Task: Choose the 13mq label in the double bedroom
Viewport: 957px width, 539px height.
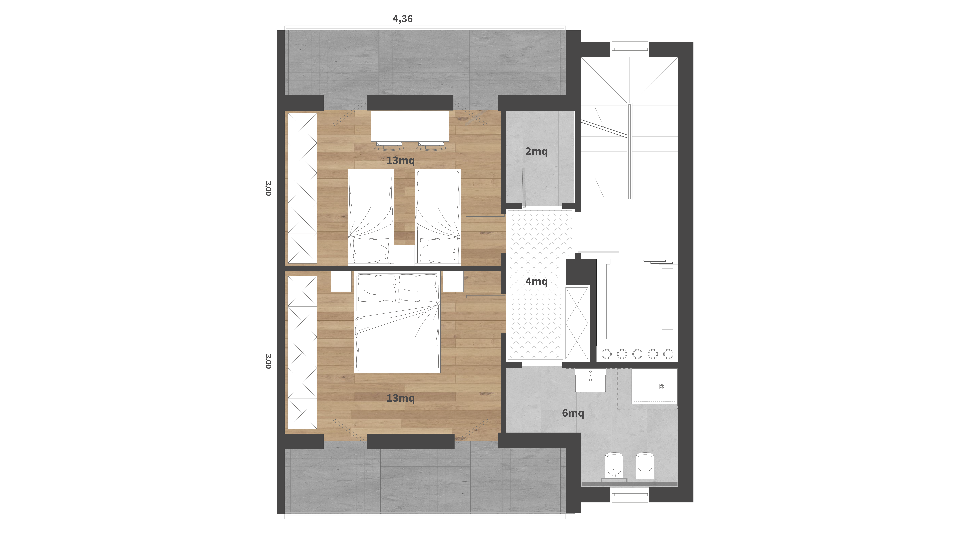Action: (401, 398)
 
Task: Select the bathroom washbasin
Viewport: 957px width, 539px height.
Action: (590, 380)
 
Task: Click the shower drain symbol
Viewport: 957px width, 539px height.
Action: (662, 387)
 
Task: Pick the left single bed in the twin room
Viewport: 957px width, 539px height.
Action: (370, 218)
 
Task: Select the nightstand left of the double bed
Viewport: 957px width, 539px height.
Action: (341, 282)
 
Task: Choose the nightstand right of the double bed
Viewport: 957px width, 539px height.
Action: (453, 282)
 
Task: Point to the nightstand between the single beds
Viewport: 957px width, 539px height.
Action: (404, 255)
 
